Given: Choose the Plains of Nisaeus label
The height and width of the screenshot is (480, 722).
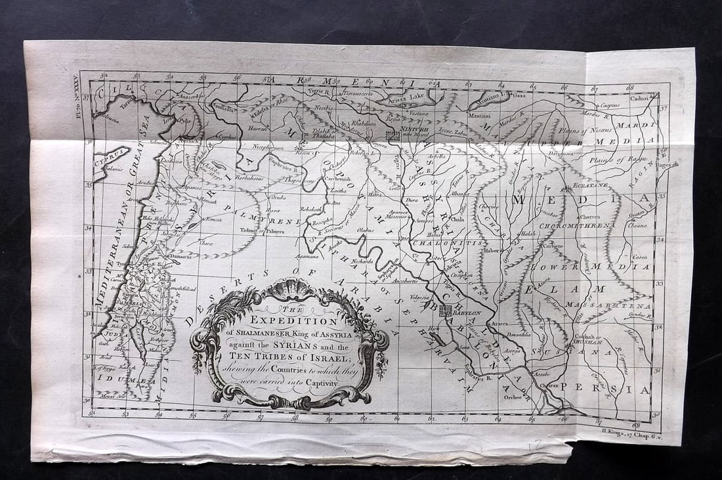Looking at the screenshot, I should coord(587,131).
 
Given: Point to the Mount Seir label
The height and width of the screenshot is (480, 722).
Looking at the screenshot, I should coord(113,397).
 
